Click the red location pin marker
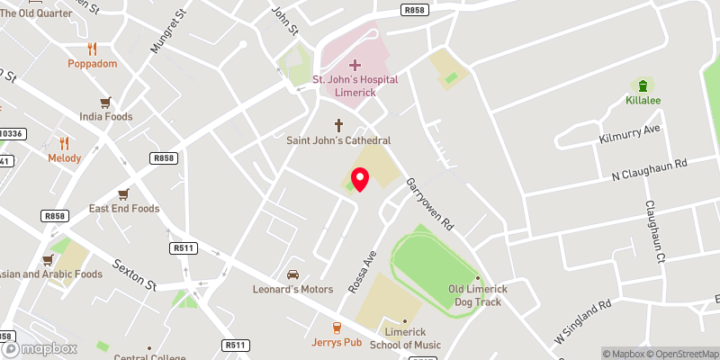pyautogui.click(x=360, y=179)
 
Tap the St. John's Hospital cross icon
pyautogui.click(x=355, y=65)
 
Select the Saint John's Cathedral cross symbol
pyautogui.click(x=339, y=125)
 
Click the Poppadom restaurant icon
pyautogui.click(x=92, y=49)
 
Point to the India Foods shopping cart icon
pyautogui.click(x=105, y=102)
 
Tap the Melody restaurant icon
pyautogui.click(x=64, y=143)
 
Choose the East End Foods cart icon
pyautogui.click(x=123, y=193)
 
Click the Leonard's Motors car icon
pyautogui.click(x=292, y=274)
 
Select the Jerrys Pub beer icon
pyautogui.click(x=337, y=328)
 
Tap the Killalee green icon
pyautogui.click(x=643, y=85)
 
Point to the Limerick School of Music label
pyautogui.click(x=404, y=339)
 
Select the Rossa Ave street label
pyautogui.click(x=362, y=271)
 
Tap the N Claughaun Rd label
pyautogui.click(x=649, y=168)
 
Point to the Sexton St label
pyautogui.click(x=136, y=274)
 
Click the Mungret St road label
pyautogui.click(x=166, y=31)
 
